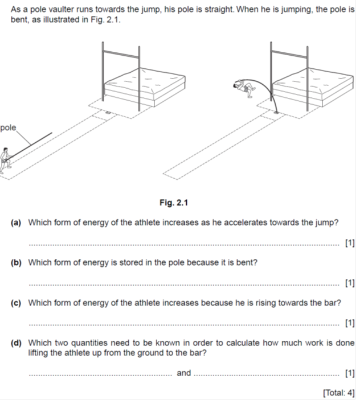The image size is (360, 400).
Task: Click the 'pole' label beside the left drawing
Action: click(x=9, y=128)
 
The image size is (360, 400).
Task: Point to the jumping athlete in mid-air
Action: click(x=243, y=88)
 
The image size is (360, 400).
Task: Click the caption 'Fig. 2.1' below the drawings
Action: click(x=178, y=203)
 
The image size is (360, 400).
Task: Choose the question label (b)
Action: click(x=17, y=263)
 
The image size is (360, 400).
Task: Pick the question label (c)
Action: click(x=17, y=303)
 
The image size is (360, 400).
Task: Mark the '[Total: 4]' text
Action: click(x=338, y=393)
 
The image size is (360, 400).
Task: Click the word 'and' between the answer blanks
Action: click(x=184, y=373)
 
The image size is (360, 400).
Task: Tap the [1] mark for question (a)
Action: click(x=350, y=244)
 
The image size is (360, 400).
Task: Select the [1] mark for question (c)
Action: click(x=350, y=324)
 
